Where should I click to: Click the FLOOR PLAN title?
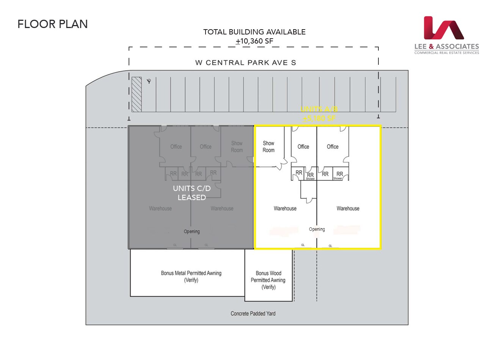(53, 24)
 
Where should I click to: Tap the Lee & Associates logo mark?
(444, 28)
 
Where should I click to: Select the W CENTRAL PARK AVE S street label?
(245, 63)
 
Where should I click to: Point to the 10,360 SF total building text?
(254, 41)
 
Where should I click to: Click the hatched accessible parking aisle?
(137, 94)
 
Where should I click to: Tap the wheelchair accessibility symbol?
(149, 81)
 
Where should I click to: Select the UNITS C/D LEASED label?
(192, 193)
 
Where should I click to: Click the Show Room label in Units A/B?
(268, 147)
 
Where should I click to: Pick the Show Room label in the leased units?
(237, 147)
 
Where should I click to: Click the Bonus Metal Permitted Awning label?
(191, 276)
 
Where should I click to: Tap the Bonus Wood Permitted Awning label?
(268, 280)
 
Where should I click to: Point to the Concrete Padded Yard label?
(253, 313)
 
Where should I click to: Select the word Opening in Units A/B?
(317, 229)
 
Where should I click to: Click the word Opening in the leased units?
(192, 232)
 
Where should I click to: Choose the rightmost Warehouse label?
(348, 208)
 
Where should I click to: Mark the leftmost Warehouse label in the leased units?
(160, 208)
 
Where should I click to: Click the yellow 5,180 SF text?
(319, 118)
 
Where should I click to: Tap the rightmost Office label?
(333, 147)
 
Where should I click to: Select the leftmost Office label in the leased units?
(176, 147)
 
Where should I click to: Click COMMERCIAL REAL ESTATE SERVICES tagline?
(446, 53)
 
